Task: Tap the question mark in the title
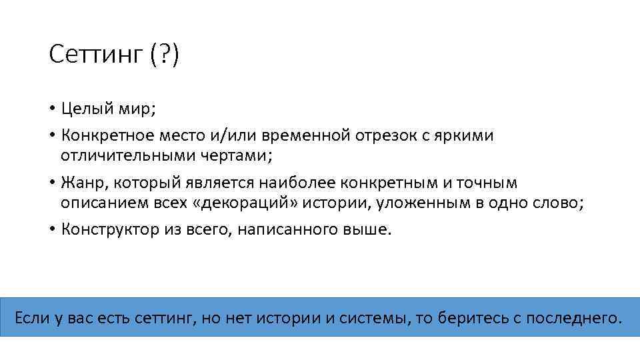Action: [165, 55]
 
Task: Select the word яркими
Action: [465, 135]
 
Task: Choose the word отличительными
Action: [129, 155]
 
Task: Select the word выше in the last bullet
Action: [371, 229]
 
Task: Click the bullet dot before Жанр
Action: [52, 183]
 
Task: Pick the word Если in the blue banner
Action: [31, 317]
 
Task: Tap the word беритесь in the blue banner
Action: [471, 317]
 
